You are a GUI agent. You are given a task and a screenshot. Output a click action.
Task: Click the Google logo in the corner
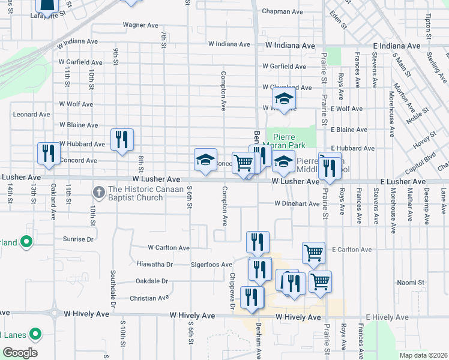20,352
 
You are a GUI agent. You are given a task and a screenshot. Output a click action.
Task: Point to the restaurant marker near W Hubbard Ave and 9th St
122,140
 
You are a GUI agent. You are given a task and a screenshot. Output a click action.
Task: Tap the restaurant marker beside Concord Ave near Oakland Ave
48,154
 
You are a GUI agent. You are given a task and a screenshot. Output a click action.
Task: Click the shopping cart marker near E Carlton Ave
313,253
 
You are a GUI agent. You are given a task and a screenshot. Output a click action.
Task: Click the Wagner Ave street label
140,25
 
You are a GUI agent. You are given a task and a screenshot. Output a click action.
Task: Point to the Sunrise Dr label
78,239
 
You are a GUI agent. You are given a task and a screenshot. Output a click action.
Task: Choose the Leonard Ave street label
32,114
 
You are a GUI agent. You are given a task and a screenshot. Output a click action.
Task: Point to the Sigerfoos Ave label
211,265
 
